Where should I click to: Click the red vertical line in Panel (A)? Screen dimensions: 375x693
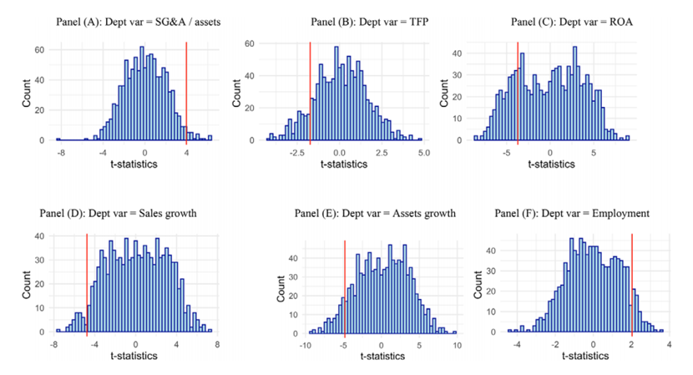point(186,92)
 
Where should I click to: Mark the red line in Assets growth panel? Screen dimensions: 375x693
point(345,284)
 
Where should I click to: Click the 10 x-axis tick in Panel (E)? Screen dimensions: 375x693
point(456,343)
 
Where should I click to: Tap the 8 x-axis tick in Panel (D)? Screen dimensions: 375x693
point(217,343)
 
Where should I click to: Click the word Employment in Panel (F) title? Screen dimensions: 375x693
point(620,213)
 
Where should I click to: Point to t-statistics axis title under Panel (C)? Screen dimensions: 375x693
point(550,164)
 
